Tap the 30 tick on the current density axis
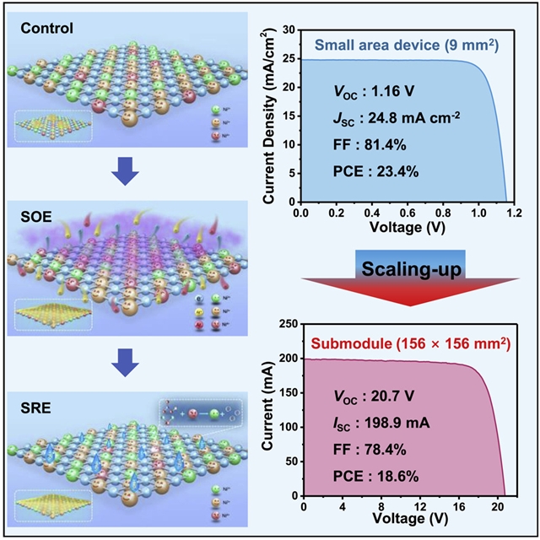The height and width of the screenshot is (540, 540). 289,30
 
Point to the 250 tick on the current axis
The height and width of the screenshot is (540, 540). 286,324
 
